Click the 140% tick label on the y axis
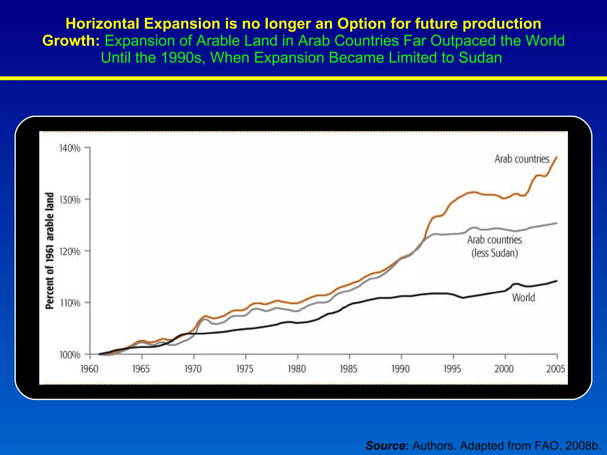tap(70, 148)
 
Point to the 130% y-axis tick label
tap(70, 200)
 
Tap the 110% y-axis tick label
tap(70, 303)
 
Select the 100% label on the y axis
tap(70, 355)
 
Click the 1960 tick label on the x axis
tap(89, 369)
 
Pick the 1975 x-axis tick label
tap(245, 369)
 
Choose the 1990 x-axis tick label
tap(400, 369)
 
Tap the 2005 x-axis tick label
tap(556, 369)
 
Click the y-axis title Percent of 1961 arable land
tap(50, 251)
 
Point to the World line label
tap(523, 297)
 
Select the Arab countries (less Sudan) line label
tap(494, 246)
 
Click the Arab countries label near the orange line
tap(522, 159)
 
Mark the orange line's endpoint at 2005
tap(557, 157)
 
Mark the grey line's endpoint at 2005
tap(557, 223)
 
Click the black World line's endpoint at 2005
tap(557, 281)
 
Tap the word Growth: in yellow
tap(71, 41)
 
